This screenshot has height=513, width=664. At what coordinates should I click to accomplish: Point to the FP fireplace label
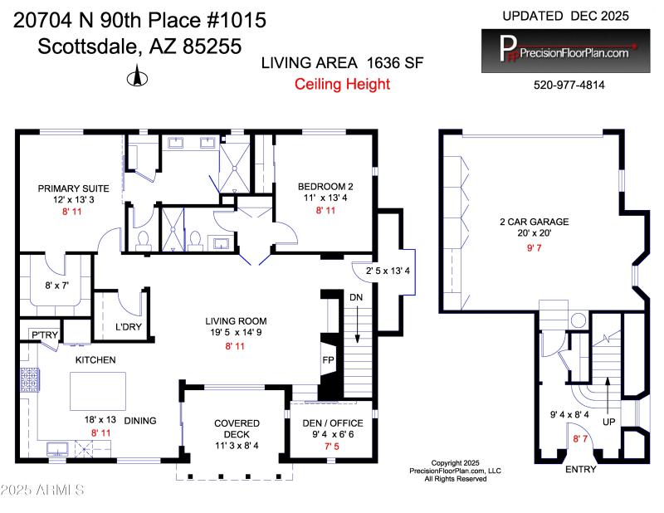(x=327, y=361)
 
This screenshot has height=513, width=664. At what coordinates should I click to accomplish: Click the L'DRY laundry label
(x=128, y=326)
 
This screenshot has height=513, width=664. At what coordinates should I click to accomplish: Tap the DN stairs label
(x=355, y=296)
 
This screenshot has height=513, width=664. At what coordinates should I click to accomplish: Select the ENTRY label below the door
(x=580, y=470)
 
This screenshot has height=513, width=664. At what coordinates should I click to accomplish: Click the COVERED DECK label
(x=237, y=428)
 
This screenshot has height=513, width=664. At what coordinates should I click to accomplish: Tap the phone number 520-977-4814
(x=569, y=85)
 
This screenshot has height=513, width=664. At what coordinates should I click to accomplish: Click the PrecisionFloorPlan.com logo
(x=565, y=51)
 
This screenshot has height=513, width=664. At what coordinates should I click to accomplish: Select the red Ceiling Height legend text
(x=342, y=84)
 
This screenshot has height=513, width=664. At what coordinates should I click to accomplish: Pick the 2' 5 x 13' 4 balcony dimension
(x=381, y=269)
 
